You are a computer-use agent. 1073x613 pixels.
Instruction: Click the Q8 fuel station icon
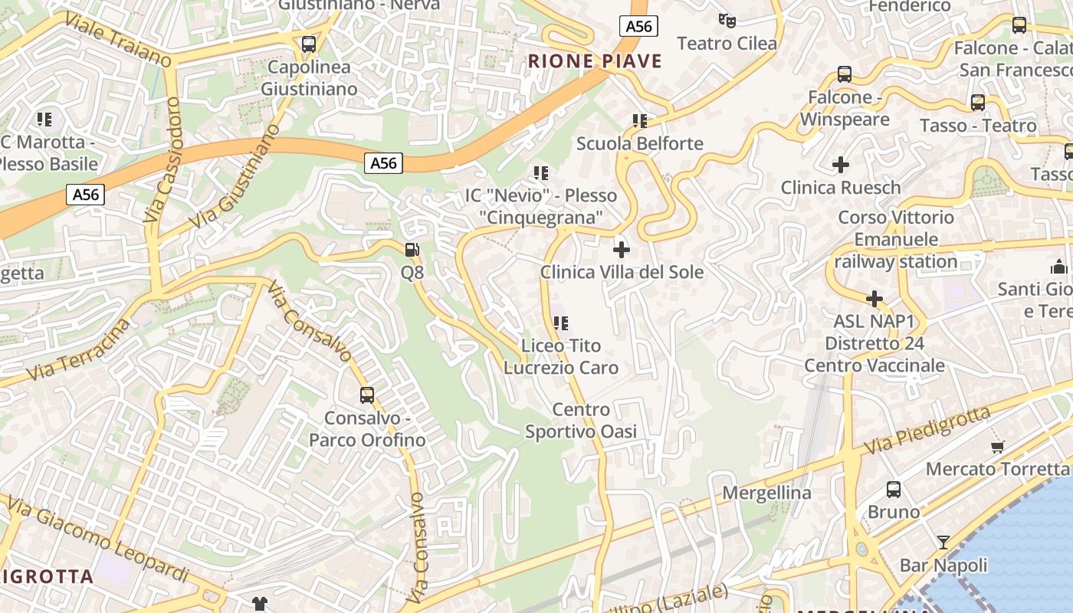click(x=412, y=249)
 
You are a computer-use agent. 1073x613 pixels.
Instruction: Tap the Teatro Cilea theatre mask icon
click(x=727, y=20)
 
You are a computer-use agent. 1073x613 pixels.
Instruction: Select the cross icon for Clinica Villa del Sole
click(x=622, y=249)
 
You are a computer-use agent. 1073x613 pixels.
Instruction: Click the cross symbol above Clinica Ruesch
click(x=841, y=164)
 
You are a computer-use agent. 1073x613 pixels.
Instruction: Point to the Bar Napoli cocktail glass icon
click(x=943, y=543)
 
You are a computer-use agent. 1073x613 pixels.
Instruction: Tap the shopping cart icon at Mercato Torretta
click(x=997, y=446)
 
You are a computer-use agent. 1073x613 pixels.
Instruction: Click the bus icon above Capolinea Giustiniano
click(x=309, y=44)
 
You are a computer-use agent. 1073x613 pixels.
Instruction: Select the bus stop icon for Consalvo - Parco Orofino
click(x=367, y=395)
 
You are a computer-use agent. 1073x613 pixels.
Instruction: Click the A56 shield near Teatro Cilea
click(x=638, y=27)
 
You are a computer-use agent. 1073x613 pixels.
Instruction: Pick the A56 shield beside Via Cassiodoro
click(x=86, y=195)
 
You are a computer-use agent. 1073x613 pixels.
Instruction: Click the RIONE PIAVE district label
click(x=595, y=61)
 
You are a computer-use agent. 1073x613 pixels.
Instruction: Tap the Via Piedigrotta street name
click(x=927, y=430)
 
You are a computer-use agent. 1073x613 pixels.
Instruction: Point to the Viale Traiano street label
click(x=118, y=38)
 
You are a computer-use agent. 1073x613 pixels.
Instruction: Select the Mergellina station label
click(x=766, y=493)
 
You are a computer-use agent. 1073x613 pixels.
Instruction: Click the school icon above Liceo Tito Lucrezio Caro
click(x=561, y=323)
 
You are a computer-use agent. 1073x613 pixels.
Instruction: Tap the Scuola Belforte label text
click(x=639, y=143)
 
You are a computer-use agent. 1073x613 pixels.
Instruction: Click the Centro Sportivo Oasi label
click(x=581, y=421)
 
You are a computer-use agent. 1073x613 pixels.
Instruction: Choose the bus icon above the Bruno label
click(x=894, y=489)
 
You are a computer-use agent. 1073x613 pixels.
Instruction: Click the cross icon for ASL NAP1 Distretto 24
click(x=874, y=298)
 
